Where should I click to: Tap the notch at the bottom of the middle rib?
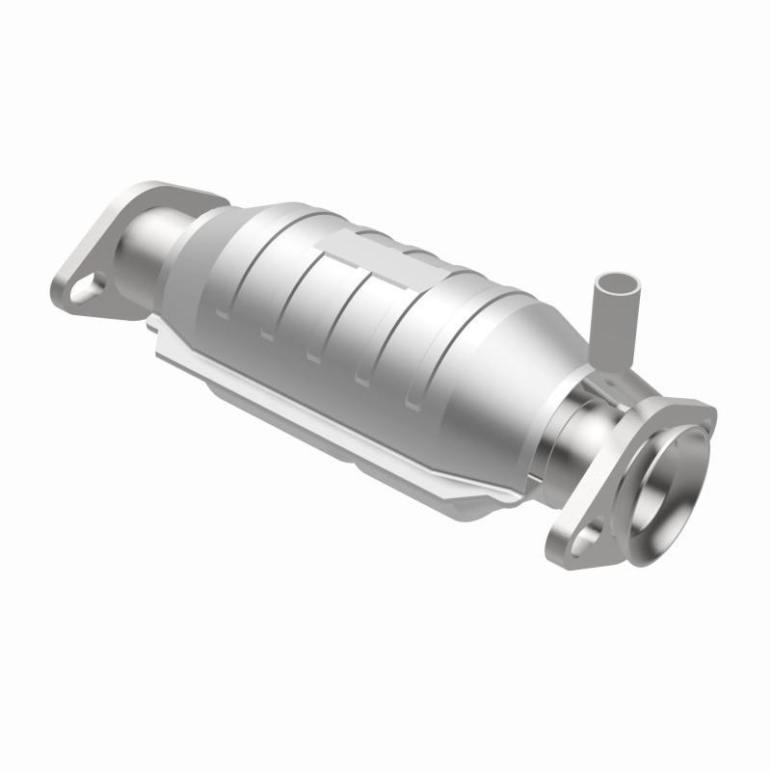(312, 357)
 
